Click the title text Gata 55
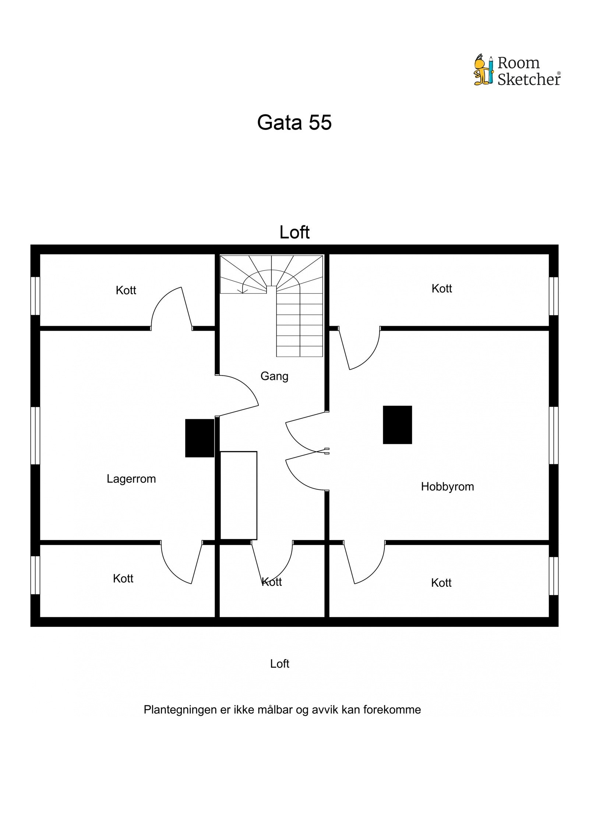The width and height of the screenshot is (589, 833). click(294, 122)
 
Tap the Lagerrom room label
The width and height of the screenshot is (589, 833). click(131, 479)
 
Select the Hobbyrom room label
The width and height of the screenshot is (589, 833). click(447, 487)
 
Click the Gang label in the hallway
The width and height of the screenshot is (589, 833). click(274, 376)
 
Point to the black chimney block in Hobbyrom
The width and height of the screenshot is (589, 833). click(397, 425)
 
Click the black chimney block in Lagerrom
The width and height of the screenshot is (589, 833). click(200, 438)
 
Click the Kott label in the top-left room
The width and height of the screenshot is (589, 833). click(126, 290)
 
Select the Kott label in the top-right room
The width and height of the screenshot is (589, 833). click(442, 289)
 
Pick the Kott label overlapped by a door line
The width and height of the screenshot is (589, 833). click(272, 582)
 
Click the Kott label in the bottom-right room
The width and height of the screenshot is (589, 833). click(441, 583)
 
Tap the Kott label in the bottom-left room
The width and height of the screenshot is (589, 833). click(123, 579)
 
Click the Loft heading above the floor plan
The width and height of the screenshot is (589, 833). click(294, 232)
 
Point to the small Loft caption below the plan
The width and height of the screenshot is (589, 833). click(279, 664)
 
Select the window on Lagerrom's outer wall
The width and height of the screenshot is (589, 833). click(35, 435)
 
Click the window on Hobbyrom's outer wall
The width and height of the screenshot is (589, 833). click(554, 435)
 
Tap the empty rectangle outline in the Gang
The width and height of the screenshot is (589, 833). click(239, 495)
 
